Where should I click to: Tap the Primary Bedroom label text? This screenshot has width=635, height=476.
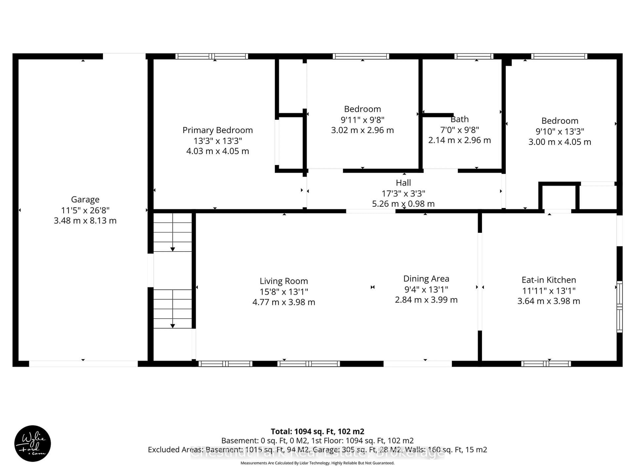click(x=218, y=130)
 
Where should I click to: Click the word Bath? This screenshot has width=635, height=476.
click(x=460, y=119)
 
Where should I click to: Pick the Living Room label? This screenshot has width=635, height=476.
click(x=284, y=281)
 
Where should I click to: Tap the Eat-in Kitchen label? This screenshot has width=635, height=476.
click(x=549, y=280)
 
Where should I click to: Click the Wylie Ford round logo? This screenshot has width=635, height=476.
click(x=32, y=443)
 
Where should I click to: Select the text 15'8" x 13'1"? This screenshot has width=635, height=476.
click(x=284, y=292)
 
